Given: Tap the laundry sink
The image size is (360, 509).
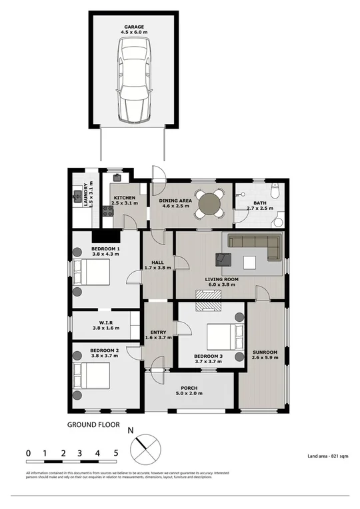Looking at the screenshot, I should click(x=77, y=197).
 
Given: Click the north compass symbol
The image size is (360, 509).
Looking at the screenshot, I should click(x=146, y=450).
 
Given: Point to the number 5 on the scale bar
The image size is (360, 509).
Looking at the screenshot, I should click(x=115, y=453).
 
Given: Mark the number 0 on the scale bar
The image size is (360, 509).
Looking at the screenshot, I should click(x=28, y=453).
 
